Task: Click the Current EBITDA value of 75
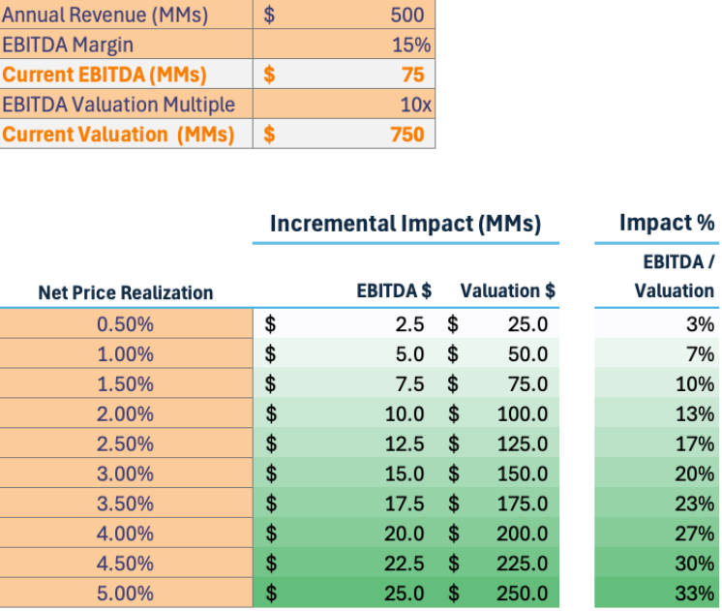click(412, 75)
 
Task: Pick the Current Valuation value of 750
click(407, 135)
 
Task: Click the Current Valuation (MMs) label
click(118, 135)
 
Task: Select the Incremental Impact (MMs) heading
click(405, 224)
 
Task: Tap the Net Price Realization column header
click(126, 292)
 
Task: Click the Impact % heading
click(667, 223)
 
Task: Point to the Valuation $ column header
click(507, 290)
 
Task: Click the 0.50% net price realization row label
click(126, 324)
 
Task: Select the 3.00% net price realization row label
click(126, 474)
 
